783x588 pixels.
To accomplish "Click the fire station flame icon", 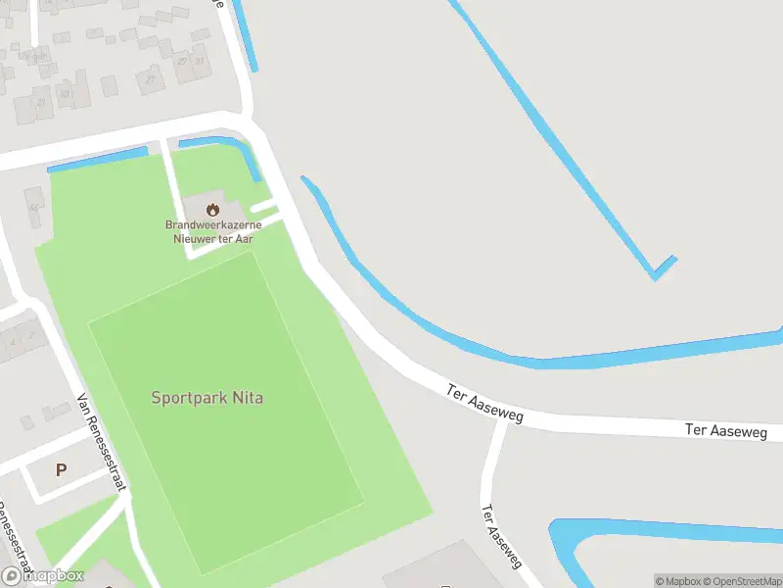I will click(212, 208).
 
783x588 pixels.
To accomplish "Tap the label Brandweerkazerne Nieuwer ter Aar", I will click(212, 231).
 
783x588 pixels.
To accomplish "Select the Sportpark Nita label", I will click(207, 398).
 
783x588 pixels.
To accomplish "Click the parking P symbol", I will click(61, 470).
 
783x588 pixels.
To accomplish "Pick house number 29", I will click(182, 61).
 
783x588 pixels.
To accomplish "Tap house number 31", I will click(199, 61).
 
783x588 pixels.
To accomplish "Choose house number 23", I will click(65, 94).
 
